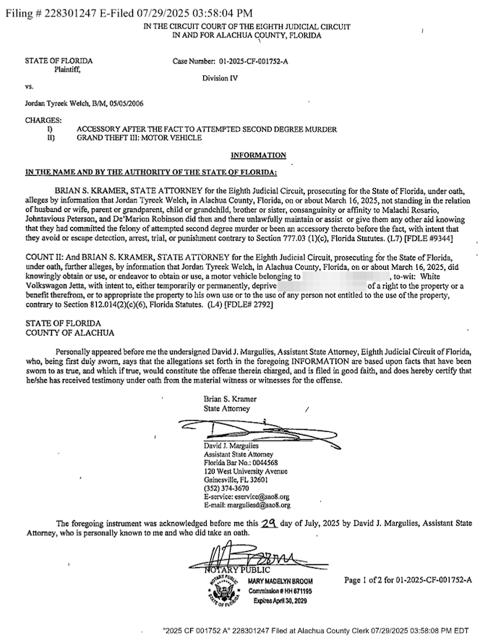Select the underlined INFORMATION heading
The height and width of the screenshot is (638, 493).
(258, 155)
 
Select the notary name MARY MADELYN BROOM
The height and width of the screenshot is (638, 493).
(282, 581)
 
